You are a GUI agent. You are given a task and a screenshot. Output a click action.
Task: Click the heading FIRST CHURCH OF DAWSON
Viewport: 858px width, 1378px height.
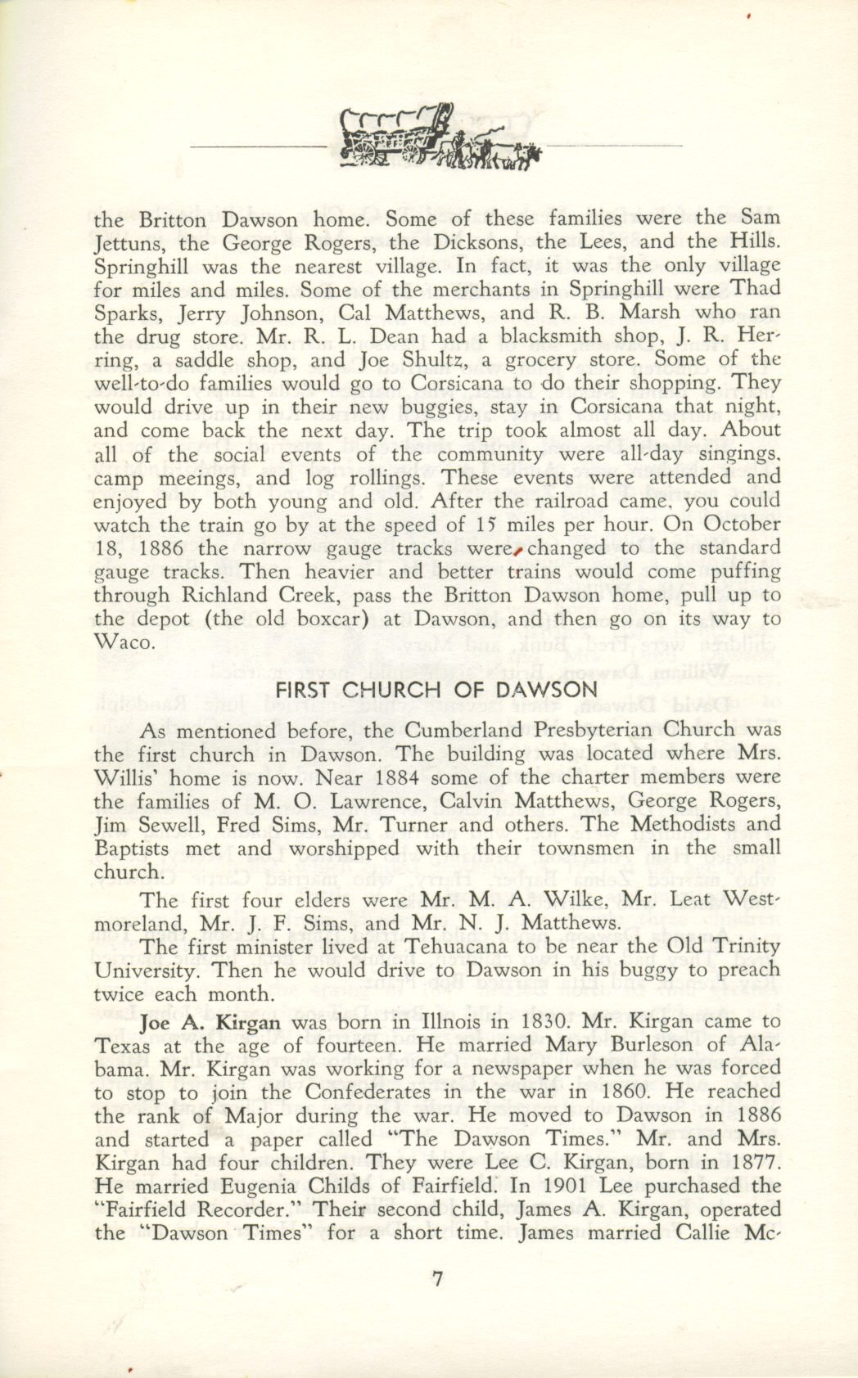point(436,690)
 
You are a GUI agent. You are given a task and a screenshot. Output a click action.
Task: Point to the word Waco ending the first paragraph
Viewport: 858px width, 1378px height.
point(124,642)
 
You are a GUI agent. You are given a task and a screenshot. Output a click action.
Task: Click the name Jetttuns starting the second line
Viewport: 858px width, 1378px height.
point(131,242)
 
